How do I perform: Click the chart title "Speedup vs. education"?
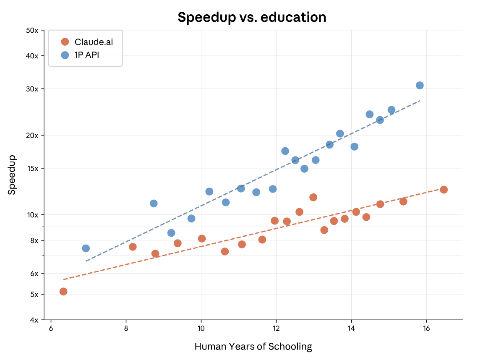[252, 17]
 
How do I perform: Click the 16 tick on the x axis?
[426, 328]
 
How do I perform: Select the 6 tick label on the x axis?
[51, 328]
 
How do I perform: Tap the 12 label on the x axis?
[276, 328]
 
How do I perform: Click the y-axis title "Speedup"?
[12, 175]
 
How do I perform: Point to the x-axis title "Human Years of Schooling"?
[253, 347]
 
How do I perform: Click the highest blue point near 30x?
[420, 85]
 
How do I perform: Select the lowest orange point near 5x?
[63, 291]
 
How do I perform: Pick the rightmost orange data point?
[444, 190]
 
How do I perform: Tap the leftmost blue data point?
[86, 248]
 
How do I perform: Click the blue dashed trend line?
[252, 181]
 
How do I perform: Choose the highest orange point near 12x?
[313, 197]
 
